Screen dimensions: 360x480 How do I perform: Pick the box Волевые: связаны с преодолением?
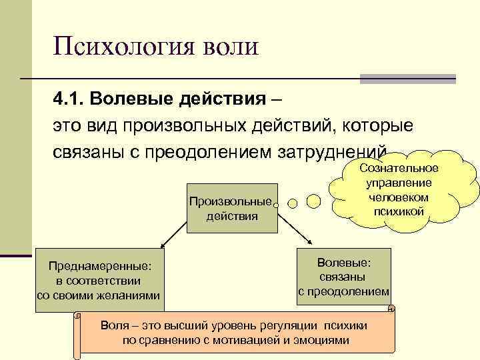click(344, 273)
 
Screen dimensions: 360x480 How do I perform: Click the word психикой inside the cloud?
click(399, 211)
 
